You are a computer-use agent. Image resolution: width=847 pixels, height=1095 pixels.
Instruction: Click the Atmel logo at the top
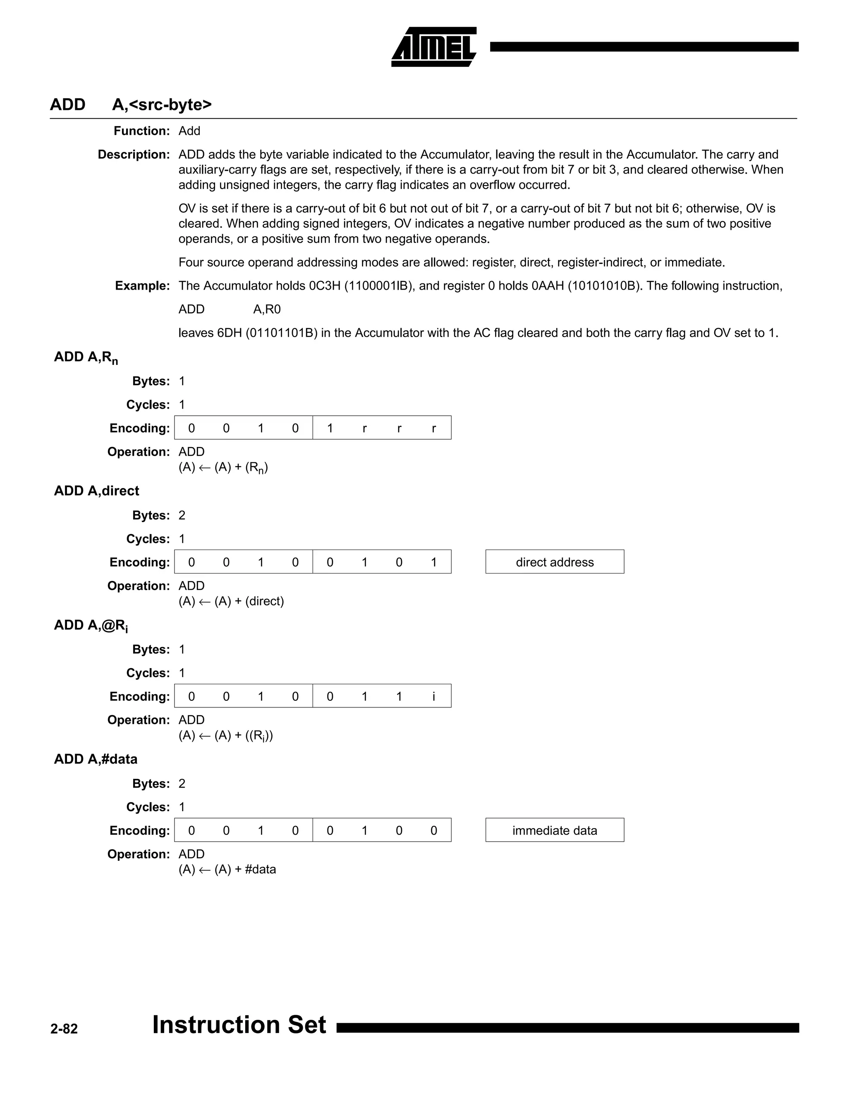pos(433,47)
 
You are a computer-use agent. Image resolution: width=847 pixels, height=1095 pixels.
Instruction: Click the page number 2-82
pos(64,1029)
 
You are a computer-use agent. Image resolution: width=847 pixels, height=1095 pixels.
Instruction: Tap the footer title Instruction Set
pos(239,1024)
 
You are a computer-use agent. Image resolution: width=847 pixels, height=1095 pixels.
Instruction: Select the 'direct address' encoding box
pos(555,562)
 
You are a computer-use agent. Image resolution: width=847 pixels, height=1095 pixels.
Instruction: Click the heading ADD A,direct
pos(96,491)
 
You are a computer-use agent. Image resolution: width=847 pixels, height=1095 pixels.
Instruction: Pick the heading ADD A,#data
pos(96,759)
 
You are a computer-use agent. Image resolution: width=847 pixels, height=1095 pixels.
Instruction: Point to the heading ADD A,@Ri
pos(91,625)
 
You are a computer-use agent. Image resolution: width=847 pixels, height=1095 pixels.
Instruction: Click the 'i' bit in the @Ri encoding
pos(433,696)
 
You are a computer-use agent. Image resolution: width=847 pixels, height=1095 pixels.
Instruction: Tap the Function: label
pos(141,131)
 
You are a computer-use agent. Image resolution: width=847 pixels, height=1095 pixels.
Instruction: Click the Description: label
pos(134,155)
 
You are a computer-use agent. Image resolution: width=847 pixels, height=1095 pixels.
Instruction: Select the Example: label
pos(143,286)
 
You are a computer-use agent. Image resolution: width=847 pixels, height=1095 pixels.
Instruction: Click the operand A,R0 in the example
pos(266,309)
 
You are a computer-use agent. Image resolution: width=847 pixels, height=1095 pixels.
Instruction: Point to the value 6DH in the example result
pos(229,333)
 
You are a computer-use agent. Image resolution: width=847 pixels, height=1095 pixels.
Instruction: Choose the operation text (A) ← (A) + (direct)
pos(231,601)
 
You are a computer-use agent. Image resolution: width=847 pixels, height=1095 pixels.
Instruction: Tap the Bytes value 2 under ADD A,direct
pos(182,515)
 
